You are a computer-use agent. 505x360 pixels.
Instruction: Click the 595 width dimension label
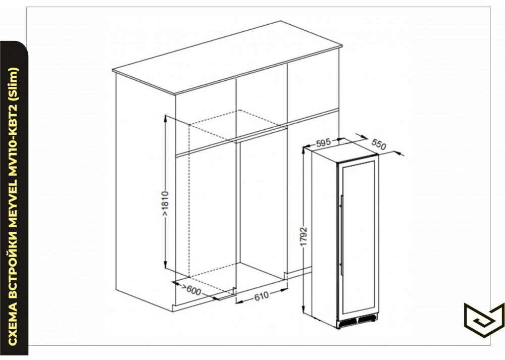[x=323, y=142]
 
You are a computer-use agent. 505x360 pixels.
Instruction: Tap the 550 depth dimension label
[x=379, y=144]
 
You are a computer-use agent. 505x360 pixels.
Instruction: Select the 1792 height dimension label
[x=304, y=237]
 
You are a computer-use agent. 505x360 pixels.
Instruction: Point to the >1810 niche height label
[x=165, y=204]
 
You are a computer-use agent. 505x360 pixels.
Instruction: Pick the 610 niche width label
[x=261, y=295]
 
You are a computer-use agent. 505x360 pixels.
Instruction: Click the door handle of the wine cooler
[x=341, y=235]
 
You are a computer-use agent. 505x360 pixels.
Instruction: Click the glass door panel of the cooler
[x=358, y=236]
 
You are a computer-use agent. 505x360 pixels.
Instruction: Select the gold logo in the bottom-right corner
[x=484, y=320]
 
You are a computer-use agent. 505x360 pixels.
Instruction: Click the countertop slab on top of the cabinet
[x=227, y=58]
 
